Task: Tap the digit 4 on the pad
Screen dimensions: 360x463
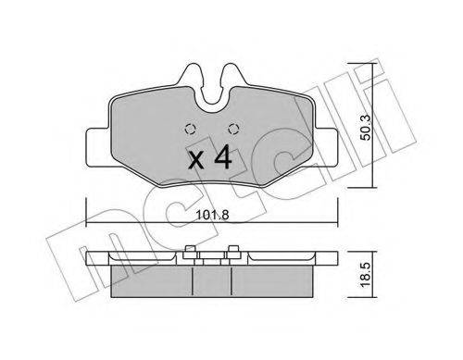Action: pyautogui.click(x=223, y=158)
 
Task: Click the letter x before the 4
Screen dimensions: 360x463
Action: pyautogui.click(x=196, y=161)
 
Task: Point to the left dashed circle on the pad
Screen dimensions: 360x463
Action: pyautogui.click(x=191, y=129)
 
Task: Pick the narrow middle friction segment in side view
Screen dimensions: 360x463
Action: pyautogui.click(x=210, y=277)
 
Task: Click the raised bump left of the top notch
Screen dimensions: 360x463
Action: pyautogui.click(x=192, y=76)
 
